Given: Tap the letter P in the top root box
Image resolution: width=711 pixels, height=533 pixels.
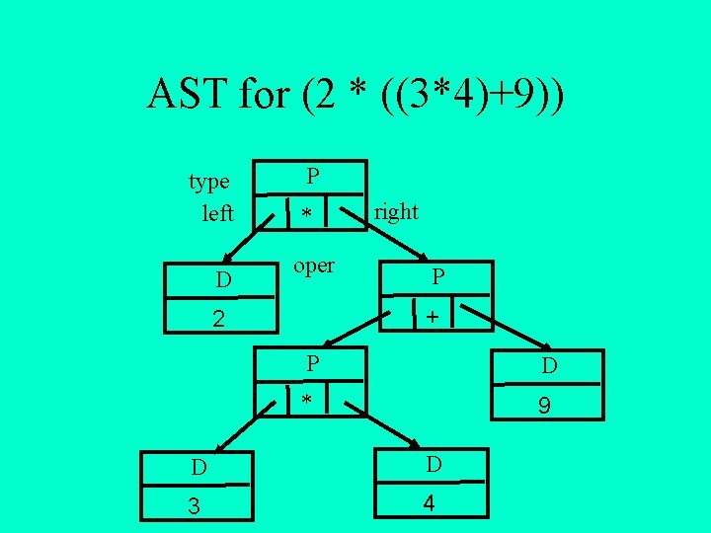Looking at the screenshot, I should pyautogui.click(x=312, y=177).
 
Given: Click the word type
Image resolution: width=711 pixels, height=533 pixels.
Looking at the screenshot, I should pyautogui.click(x=209, y=182).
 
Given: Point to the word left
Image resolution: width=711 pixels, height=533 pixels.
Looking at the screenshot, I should pyautogui.click(x=217, y=212).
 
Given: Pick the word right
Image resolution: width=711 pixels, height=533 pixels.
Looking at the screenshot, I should pyautogui.click(x=396, y=211).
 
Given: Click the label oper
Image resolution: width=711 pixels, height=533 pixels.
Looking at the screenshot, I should pyautogui.click(x=315, y=266).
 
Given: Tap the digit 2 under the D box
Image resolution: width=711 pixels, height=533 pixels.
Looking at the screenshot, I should pyautogui.click(x=220, y=319).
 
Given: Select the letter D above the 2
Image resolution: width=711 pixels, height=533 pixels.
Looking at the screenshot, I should pyautogui.click(x=224, y=281).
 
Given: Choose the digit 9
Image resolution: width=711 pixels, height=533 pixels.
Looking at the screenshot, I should pyautogui.click(x=543, y=405).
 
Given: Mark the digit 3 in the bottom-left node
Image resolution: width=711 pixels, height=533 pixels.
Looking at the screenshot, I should pyautogui.click(x=195, y=506).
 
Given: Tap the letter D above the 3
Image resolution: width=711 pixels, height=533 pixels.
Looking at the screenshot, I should pyautogui.click(x=199, y=466).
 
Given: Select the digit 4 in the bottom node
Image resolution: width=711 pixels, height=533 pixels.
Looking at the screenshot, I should pyautogui.click(x=429, y=502).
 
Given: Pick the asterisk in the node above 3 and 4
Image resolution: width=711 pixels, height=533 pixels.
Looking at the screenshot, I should pyautogui.click(x=307, y=401).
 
